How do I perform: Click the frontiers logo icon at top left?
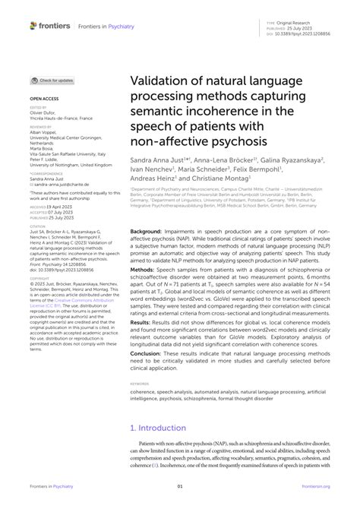(x=33, y=26)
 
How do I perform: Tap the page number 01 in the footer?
(x=180, y=487)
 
